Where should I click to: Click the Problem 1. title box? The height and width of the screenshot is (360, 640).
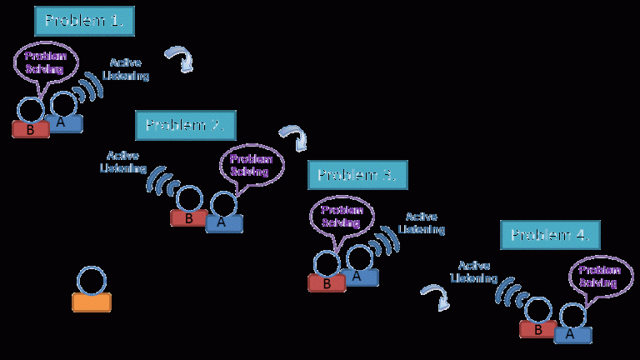click(x=83, y=21)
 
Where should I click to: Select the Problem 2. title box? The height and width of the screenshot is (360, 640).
click(x=185, y=125)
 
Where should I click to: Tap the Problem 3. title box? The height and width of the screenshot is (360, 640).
click(x=357, y=175)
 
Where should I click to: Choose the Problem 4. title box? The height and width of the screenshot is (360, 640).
click(x=550, y=235)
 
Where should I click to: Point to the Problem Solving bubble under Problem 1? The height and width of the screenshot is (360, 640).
click(x=46, y=62)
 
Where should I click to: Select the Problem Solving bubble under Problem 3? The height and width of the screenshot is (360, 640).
click(x=341, y=216)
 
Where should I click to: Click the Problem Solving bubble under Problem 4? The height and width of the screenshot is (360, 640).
click(x=600, y=276)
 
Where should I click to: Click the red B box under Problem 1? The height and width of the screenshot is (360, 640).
click(x=30, y=129)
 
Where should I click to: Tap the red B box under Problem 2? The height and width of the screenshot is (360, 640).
click(x=189, y=218)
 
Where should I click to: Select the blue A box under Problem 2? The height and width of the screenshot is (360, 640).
click(x=223, y=222)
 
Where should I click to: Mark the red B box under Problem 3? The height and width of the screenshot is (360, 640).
click(x=327, y=283)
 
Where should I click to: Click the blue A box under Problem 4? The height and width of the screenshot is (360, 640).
click(x=572, y=334)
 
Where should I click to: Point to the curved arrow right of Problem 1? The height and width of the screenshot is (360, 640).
click(x=178, y=59)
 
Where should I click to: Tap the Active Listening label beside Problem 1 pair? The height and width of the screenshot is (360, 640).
click(x=129, y=69)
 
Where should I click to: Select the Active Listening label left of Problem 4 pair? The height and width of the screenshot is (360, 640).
click(x=475, y=271)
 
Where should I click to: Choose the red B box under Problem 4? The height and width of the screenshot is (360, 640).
click(x=537, y=329)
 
